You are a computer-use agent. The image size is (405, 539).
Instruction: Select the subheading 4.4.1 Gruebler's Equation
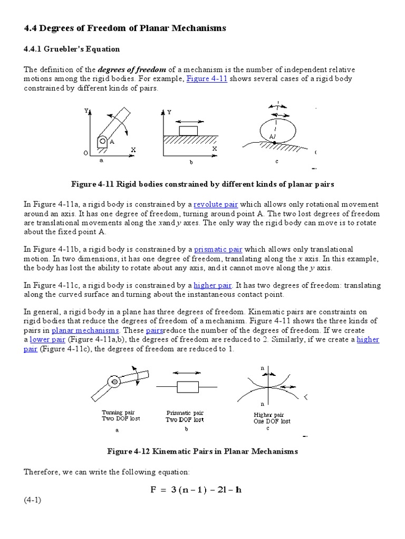pyautogui.click(x=72, y=49)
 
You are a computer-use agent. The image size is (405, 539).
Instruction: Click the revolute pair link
pyautogui.click(x=216, y=204)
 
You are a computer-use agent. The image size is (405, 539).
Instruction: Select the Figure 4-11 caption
pyautogui.click(x=202, y=184)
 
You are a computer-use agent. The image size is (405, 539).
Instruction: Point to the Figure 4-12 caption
pyautogui.click(x=202, y=451)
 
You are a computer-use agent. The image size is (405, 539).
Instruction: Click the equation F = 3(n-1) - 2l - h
pyautogui.click(x=196, y=490)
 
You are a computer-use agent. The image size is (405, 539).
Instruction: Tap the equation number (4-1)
pyautogui.click(x=32, y=500)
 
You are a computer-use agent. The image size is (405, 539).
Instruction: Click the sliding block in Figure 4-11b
pyautogui.click(x=188, y=131)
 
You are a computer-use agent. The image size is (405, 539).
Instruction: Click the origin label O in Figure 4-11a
pyautogui.click(x=86, y=153)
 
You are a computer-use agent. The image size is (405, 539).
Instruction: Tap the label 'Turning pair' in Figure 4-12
pyautogui.click(x=119, y=412)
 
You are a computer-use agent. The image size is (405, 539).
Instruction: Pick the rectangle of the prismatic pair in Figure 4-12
pyautogui.click(x=187, y=387)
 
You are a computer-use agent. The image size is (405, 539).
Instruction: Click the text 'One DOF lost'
pyautogui.click(x=272, y=421)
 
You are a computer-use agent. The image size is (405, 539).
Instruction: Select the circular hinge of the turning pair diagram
pyautogui.click(x=114, y=381)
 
